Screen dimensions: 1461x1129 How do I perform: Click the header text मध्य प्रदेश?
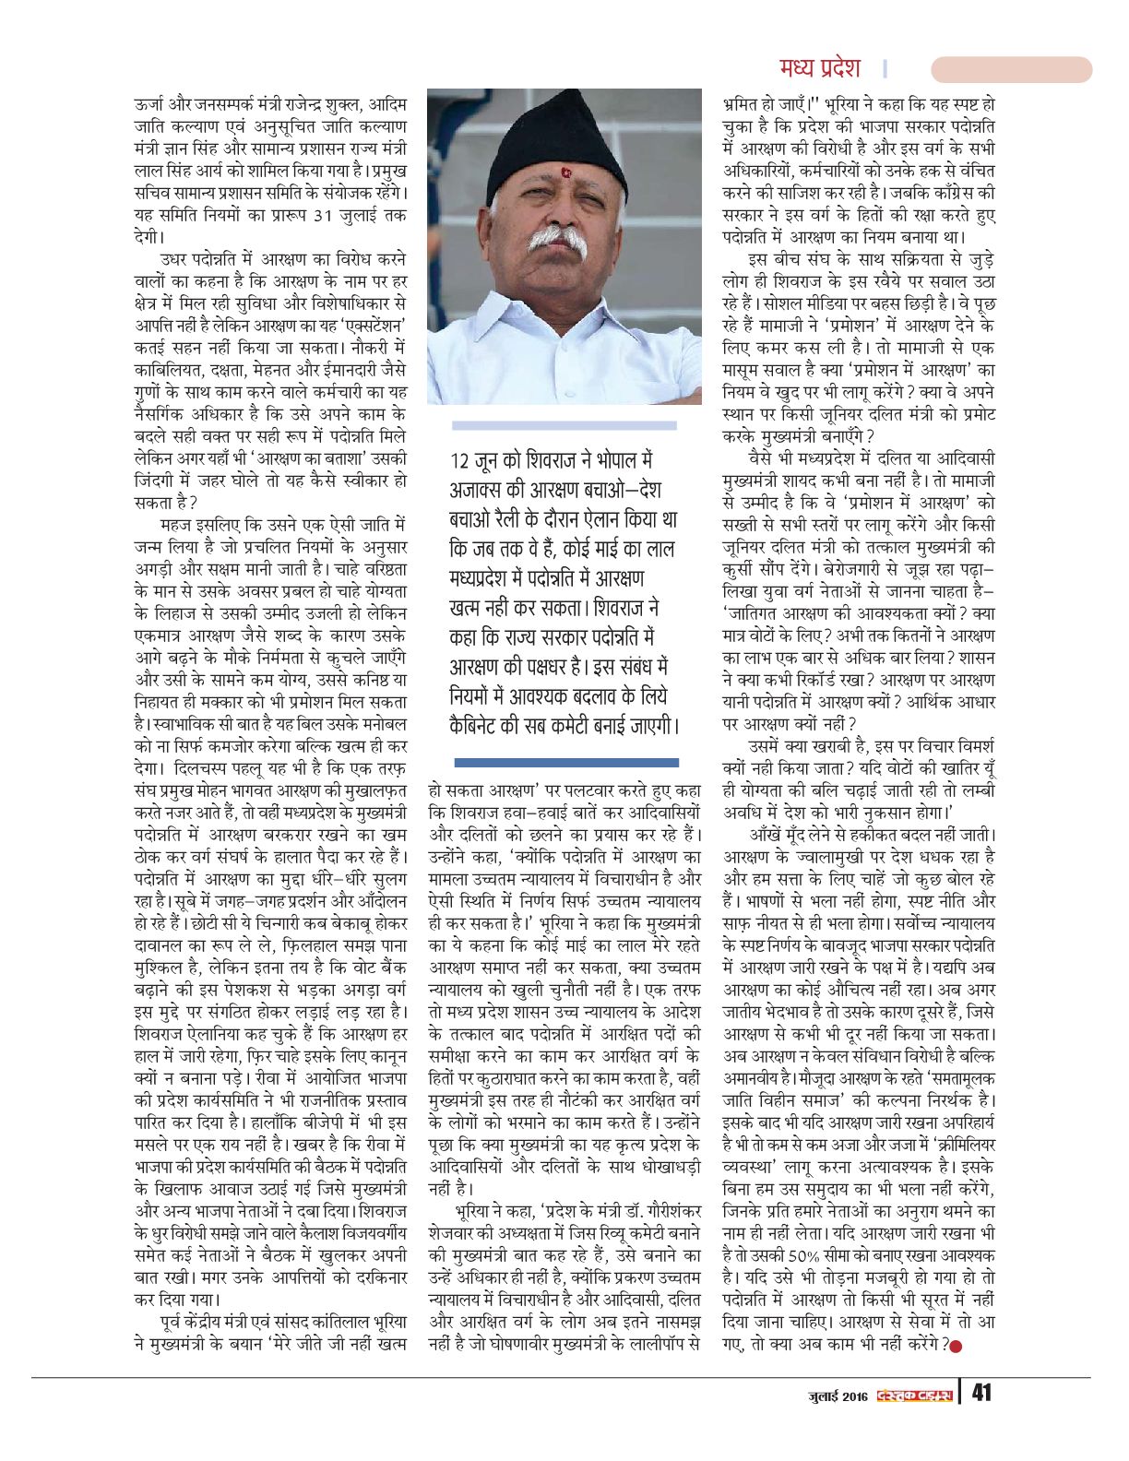[x=819, y=68]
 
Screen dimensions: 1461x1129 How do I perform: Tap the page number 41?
[x=981, y=1392]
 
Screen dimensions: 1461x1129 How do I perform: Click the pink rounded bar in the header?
[x=1011, y=69]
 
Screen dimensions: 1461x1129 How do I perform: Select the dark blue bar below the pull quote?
[x=566, y=763]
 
